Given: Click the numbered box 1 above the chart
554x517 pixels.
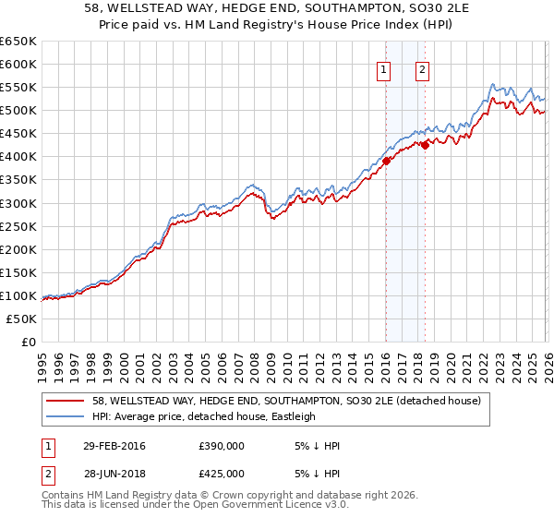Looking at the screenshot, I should pos(383,69).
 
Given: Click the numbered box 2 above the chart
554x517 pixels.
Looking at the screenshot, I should pos(422,69).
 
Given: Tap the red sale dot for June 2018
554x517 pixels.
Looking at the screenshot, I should pos(425,144).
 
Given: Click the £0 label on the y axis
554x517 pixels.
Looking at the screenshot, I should pos(28,342).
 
